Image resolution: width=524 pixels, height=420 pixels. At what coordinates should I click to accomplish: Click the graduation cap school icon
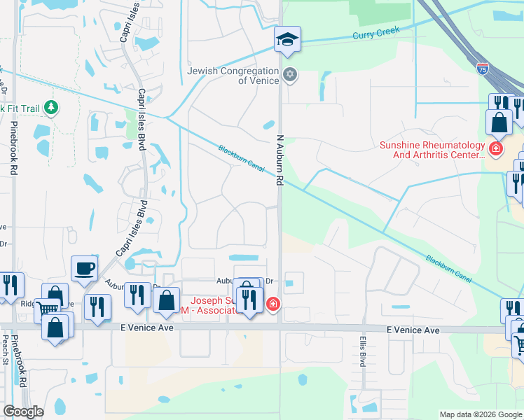[x=287, y=39]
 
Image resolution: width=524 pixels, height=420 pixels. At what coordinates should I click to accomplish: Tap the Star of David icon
[x=289, y=74]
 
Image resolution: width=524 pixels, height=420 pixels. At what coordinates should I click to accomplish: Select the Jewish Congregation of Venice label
[x=233, y=75]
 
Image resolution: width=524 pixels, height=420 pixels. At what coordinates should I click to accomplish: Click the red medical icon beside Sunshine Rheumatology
[x=496, y=148]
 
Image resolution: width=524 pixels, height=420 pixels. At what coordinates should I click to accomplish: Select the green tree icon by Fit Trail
[x=50, y=107]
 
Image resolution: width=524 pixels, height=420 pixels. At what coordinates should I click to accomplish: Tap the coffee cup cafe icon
[x=84, y=268]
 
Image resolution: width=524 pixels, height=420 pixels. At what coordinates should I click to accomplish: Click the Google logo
[x=23, y=412]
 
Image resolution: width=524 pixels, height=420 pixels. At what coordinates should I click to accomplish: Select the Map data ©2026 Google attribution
[x=481, y=414]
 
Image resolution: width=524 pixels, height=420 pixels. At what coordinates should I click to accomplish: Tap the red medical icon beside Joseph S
[x=273, y=304]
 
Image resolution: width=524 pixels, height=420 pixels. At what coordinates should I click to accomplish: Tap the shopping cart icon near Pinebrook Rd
[x=47, y=309]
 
